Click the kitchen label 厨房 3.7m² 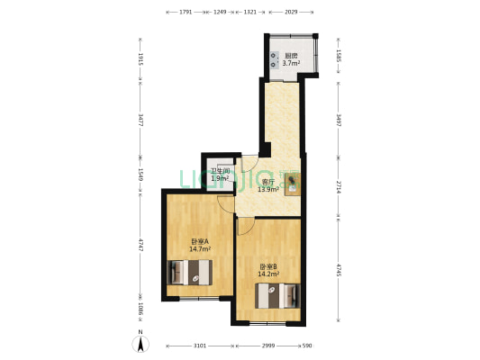(x=291, y=59)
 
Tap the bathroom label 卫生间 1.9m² (x=220, y=175)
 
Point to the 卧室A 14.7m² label (x=199, y=245)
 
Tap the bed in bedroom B (x=277, y=294)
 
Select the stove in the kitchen (x=273, y=58)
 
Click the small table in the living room (x=294, y=184)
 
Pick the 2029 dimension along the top (x=292, y=13)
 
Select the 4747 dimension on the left (x=140, y=246)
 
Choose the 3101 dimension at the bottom (x=199, y=346)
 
